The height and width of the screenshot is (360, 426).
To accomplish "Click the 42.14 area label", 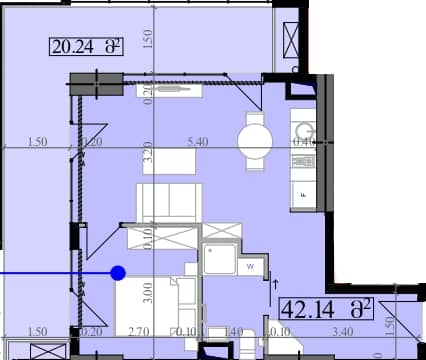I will [326, 307].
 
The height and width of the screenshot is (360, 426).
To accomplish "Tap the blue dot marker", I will [118, 272].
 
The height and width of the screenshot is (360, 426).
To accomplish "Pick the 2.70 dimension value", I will [139, 331].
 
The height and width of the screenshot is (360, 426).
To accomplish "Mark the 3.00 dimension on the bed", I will [148, 294].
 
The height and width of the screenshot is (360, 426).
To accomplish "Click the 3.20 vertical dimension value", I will [146, 154].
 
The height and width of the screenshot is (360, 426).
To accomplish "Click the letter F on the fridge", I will [302, 197].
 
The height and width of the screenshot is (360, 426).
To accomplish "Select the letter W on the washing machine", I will [251, 266].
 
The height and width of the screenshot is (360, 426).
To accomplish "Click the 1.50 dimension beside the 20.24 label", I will [146, 40].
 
